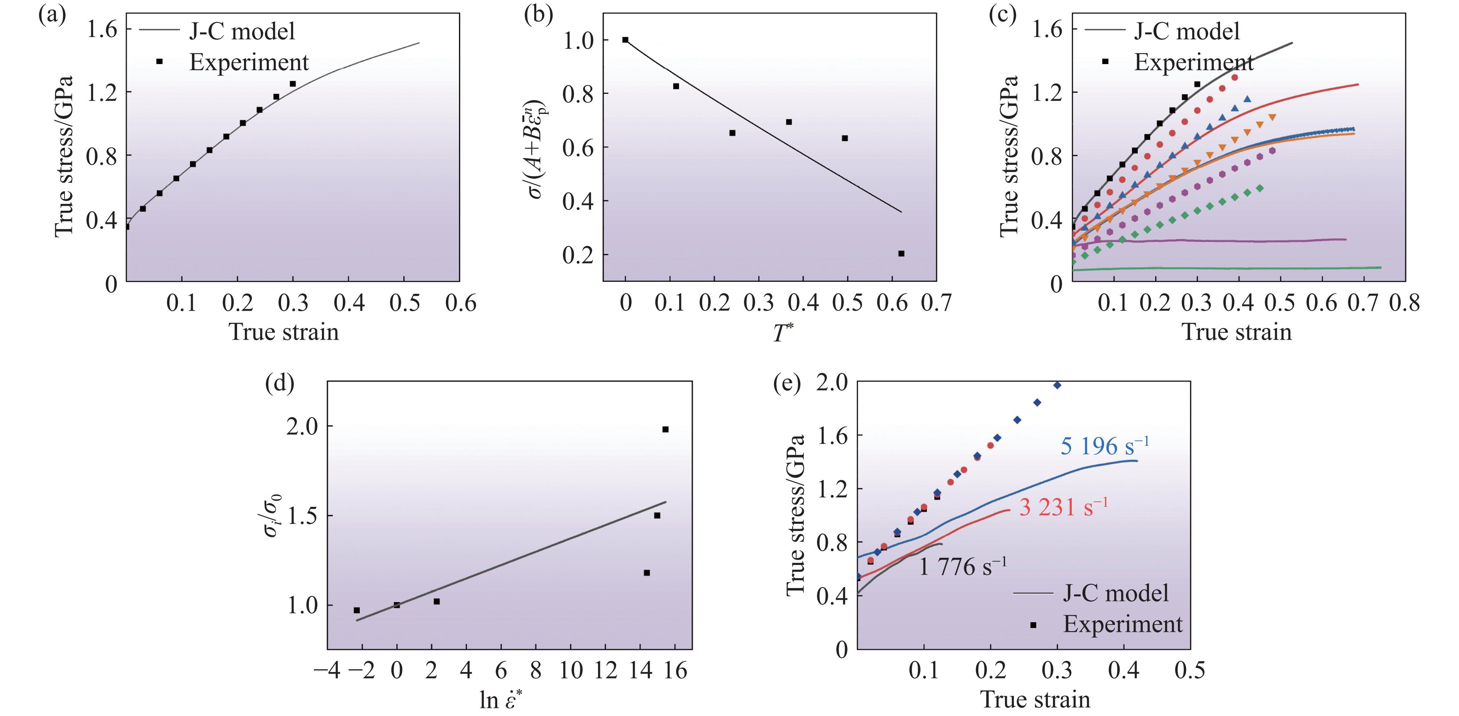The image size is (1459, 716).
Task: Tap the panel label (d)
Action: (x=280, y=384)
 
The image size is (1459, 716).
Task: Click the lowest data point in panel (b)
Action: (x=901, y=253)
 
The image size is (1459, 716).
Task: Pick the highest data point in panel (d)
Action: (x=666, y=429)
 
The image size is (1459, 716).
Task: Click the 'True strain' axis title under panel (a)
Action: (x=284, y=332)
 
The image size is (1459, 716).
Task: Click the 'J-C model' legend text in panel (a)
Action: (x=242, y=31)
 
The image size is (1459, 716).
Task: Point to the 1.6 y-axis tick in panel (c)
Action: (x=1048, y=29)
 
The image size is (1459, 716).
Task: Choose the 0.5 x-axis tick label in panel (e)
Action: (x=1190, y=670)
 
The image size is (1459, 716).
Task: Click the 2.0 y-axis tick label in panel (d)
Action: (x=302, y=427)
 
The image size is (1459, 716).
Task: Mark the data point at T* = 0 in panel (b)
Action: (x=625, y=40)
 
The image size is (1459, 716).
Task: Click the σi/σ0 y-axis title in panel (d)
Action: (x=272, y=515)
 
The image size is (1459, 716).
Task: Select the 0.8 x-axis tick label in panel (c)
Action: (x=1405, y=303)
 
